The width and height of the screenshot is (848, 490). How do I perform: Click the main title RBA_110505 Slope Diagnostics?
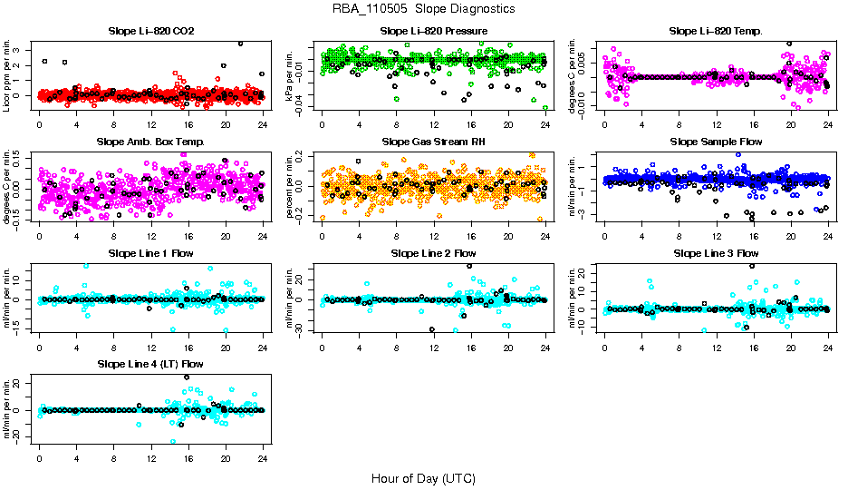(x=423, y=8)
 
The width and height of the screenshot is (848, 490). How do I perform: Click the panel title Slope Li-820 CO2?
(x=150, y=32)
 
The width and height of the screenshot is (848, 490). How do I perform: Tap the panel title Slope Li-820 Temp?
(x=716, y=32)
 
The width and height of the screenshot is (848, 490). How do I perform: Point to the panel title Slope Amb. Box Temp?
(x=150, y=142)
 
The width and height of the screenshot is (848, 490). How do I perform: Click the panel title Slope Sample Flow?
(x=716, y=142)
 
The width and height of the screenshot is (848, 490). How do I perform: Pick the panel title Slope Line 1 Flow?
(x=150, y=253)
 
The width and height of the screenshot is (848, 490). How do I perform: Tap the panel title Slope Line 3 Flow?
(x=716, y=253)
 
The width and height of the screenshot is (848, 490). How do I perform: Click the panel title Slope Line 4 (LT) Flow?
(x=150, y=364)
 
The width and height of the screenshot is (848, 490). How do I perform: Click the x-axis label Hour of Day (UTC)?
(x=423, y=477)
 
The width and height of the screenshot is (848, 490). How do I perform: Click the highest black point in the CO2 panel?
(x=240, y=44)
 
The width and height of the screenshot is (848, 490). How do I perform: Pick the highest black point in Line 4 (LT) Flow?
(x=187, y=377)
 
